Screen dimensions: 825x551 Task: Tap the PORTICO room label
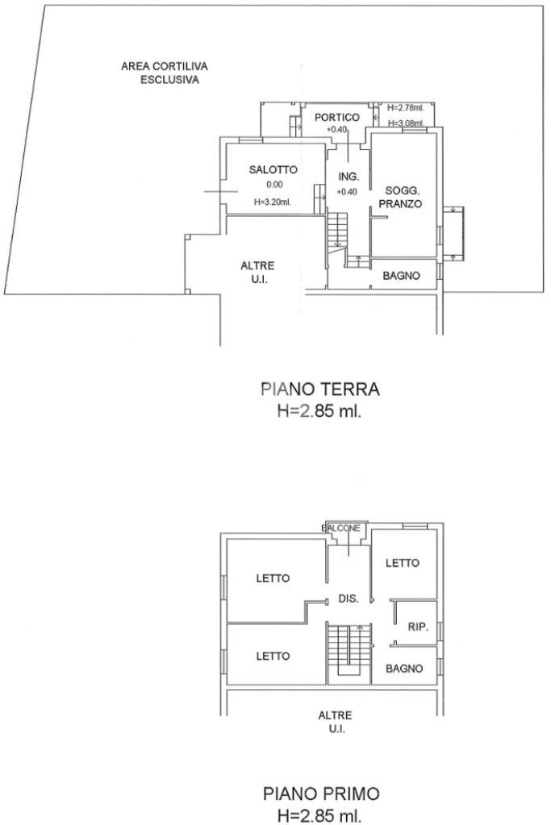tap(337, 118)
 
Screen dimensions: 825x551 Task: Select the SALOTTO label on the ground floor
tap(273, 170)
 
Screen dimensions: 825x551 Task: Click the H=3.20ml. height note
tap(271, 202)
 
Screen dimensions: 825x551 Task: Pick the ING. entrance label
tap(348, 177)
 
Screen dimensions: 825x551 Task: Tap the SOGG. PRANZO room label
tap(401, 197)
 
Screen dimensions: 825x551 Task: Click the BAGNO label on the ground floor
tap(401, 276)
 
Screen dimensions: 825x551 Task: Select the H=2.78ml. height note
tap(405, 107)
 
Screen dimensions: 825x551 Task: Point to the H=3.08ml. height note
tap(405, 123)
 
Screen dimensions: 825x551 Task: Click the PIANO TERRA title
tap(320, 390)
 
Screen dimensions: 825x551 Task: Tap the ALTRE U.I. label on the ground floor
tap(258, 273)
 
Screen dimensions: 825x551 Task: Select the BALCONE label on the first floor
tap(341, 528)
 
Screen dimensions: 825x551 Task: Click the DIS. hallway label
tap(348, 598)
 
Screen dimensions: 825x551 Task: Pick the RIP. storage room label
tap(417, 626)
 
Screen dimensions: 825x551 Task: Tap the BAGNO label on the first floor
tap(404, 669)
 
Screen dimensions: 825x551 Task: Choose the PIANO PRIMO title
tap(320, 794)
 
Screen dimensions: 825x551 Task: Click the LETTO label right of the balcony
tap(402, 563)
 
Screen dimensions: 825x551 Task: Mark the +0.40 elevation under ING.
tap(347, 192)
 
